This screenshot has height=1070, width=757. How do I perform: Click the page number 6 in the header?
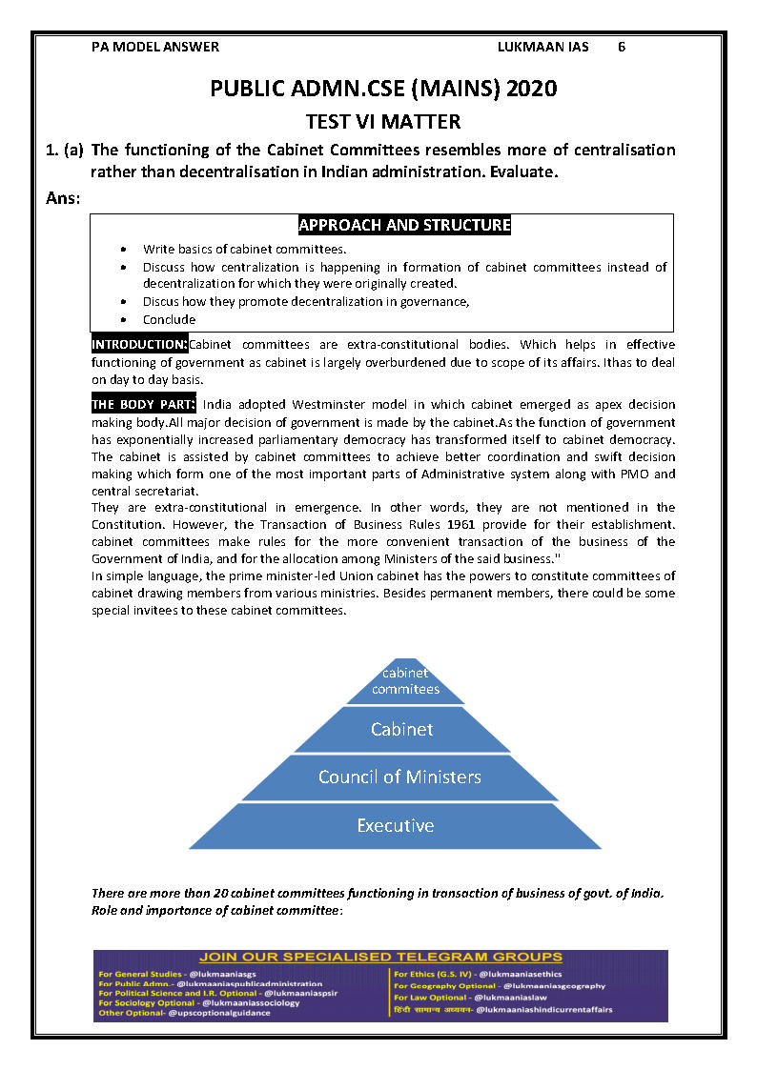tap(621, 47)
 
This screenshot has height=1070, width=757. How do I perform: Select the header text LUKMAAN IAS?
tap(543, 47)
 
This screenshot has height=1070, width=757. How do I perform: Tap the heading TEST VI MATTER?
tap(382, 121)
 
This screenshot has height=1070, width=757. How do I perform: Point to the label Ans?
tap(63, 198)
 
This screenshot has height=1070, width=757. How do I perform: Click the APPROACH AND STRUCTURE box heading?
tap(404, 225)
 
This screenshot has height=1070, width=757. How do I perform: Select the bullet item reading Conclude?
tap(170, 319)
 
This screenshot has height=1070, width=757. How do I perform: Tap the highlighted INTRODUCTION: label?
tap(139, 344)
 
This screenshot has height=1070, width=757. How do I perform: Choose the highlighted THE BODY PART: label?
tap(143, 404)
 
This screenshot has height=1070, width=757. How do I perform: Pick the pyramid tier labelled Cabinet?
tap(401, 729)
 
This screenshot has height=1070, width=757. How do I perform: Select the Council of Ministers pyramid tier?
tap(399, 777)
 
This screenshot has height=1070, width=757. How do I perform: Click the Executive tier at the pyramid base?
tap(395, 825)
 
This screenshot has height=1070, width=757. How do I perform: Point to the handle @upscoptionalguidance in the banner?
tap(219, 1013)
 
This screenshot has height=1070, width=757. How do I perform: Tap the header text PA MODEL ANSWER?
tap(155, 47)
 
